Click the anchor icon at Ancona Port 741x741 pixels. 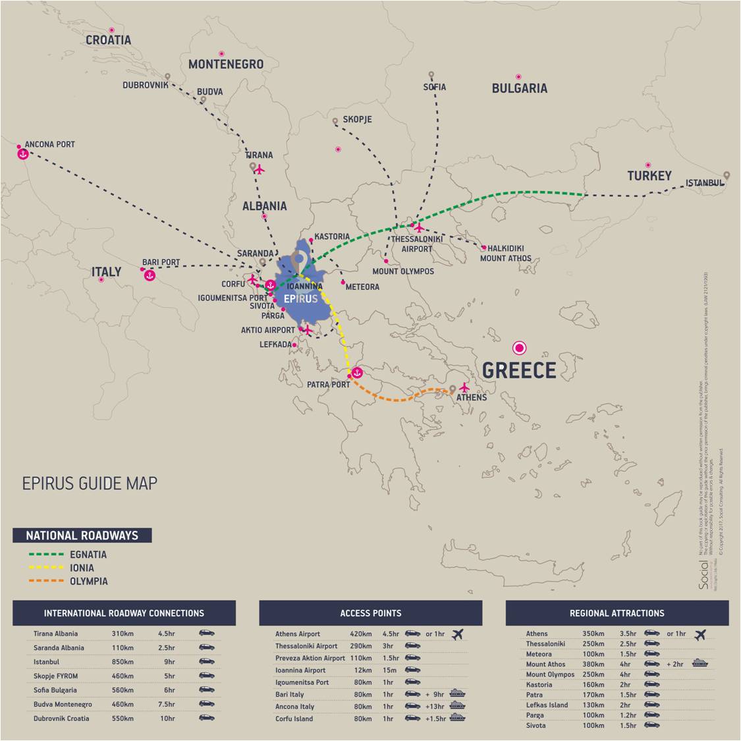22,154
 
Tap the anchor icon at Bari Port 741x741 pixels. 150,275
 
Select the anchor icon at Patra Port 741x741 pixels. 357,373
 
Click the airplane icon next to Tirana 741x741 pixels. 260,169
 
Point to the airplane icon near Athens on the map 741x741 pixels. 464,387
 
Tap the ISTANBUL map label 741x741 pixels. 704,183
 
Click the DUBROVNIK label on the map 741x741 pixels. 145,86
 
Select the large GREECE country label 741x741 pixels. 519,371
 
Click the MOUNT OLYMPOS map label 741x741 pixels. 403,271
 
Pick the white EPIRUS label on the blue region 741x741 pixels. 300,299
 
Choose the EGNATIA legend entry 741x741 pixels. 88,555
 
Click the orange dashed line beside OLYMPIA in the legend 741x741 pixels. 46,581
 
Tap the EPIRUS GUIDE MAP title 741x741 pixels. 90,483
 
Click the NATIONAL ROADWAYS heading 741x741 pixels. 82,535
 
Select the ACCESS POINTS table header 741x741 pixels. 370,613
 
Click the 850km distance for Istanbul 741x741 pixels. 122,662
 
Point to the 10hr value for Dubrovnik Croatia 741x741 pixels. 167,719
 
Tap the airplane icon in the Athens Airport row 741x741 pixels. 458,634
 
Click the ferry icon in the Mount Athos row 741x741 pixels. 700,664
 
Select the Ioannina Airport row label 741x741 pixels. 300,671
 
